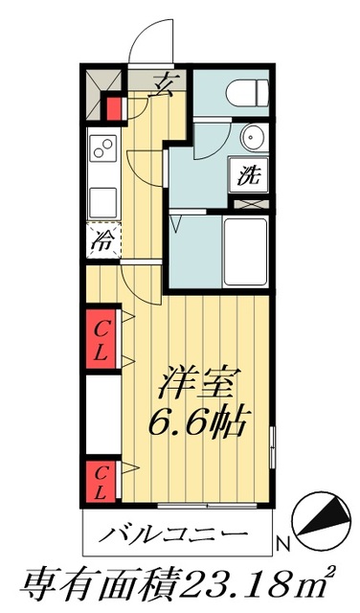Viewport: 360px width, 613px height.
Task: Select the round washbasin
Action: tap(252, 138)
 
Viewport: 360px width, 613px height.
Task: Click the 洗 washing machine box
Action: tap(248, 175)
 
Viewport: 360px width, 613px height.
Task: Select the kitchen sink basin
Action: tap(102, 202)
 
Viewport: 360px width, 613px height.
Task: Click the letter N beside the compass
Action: tap(282, 545)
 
